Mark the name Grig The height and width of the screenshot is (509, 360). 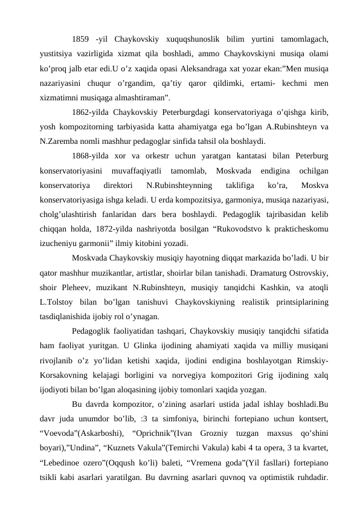(254, 374)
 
